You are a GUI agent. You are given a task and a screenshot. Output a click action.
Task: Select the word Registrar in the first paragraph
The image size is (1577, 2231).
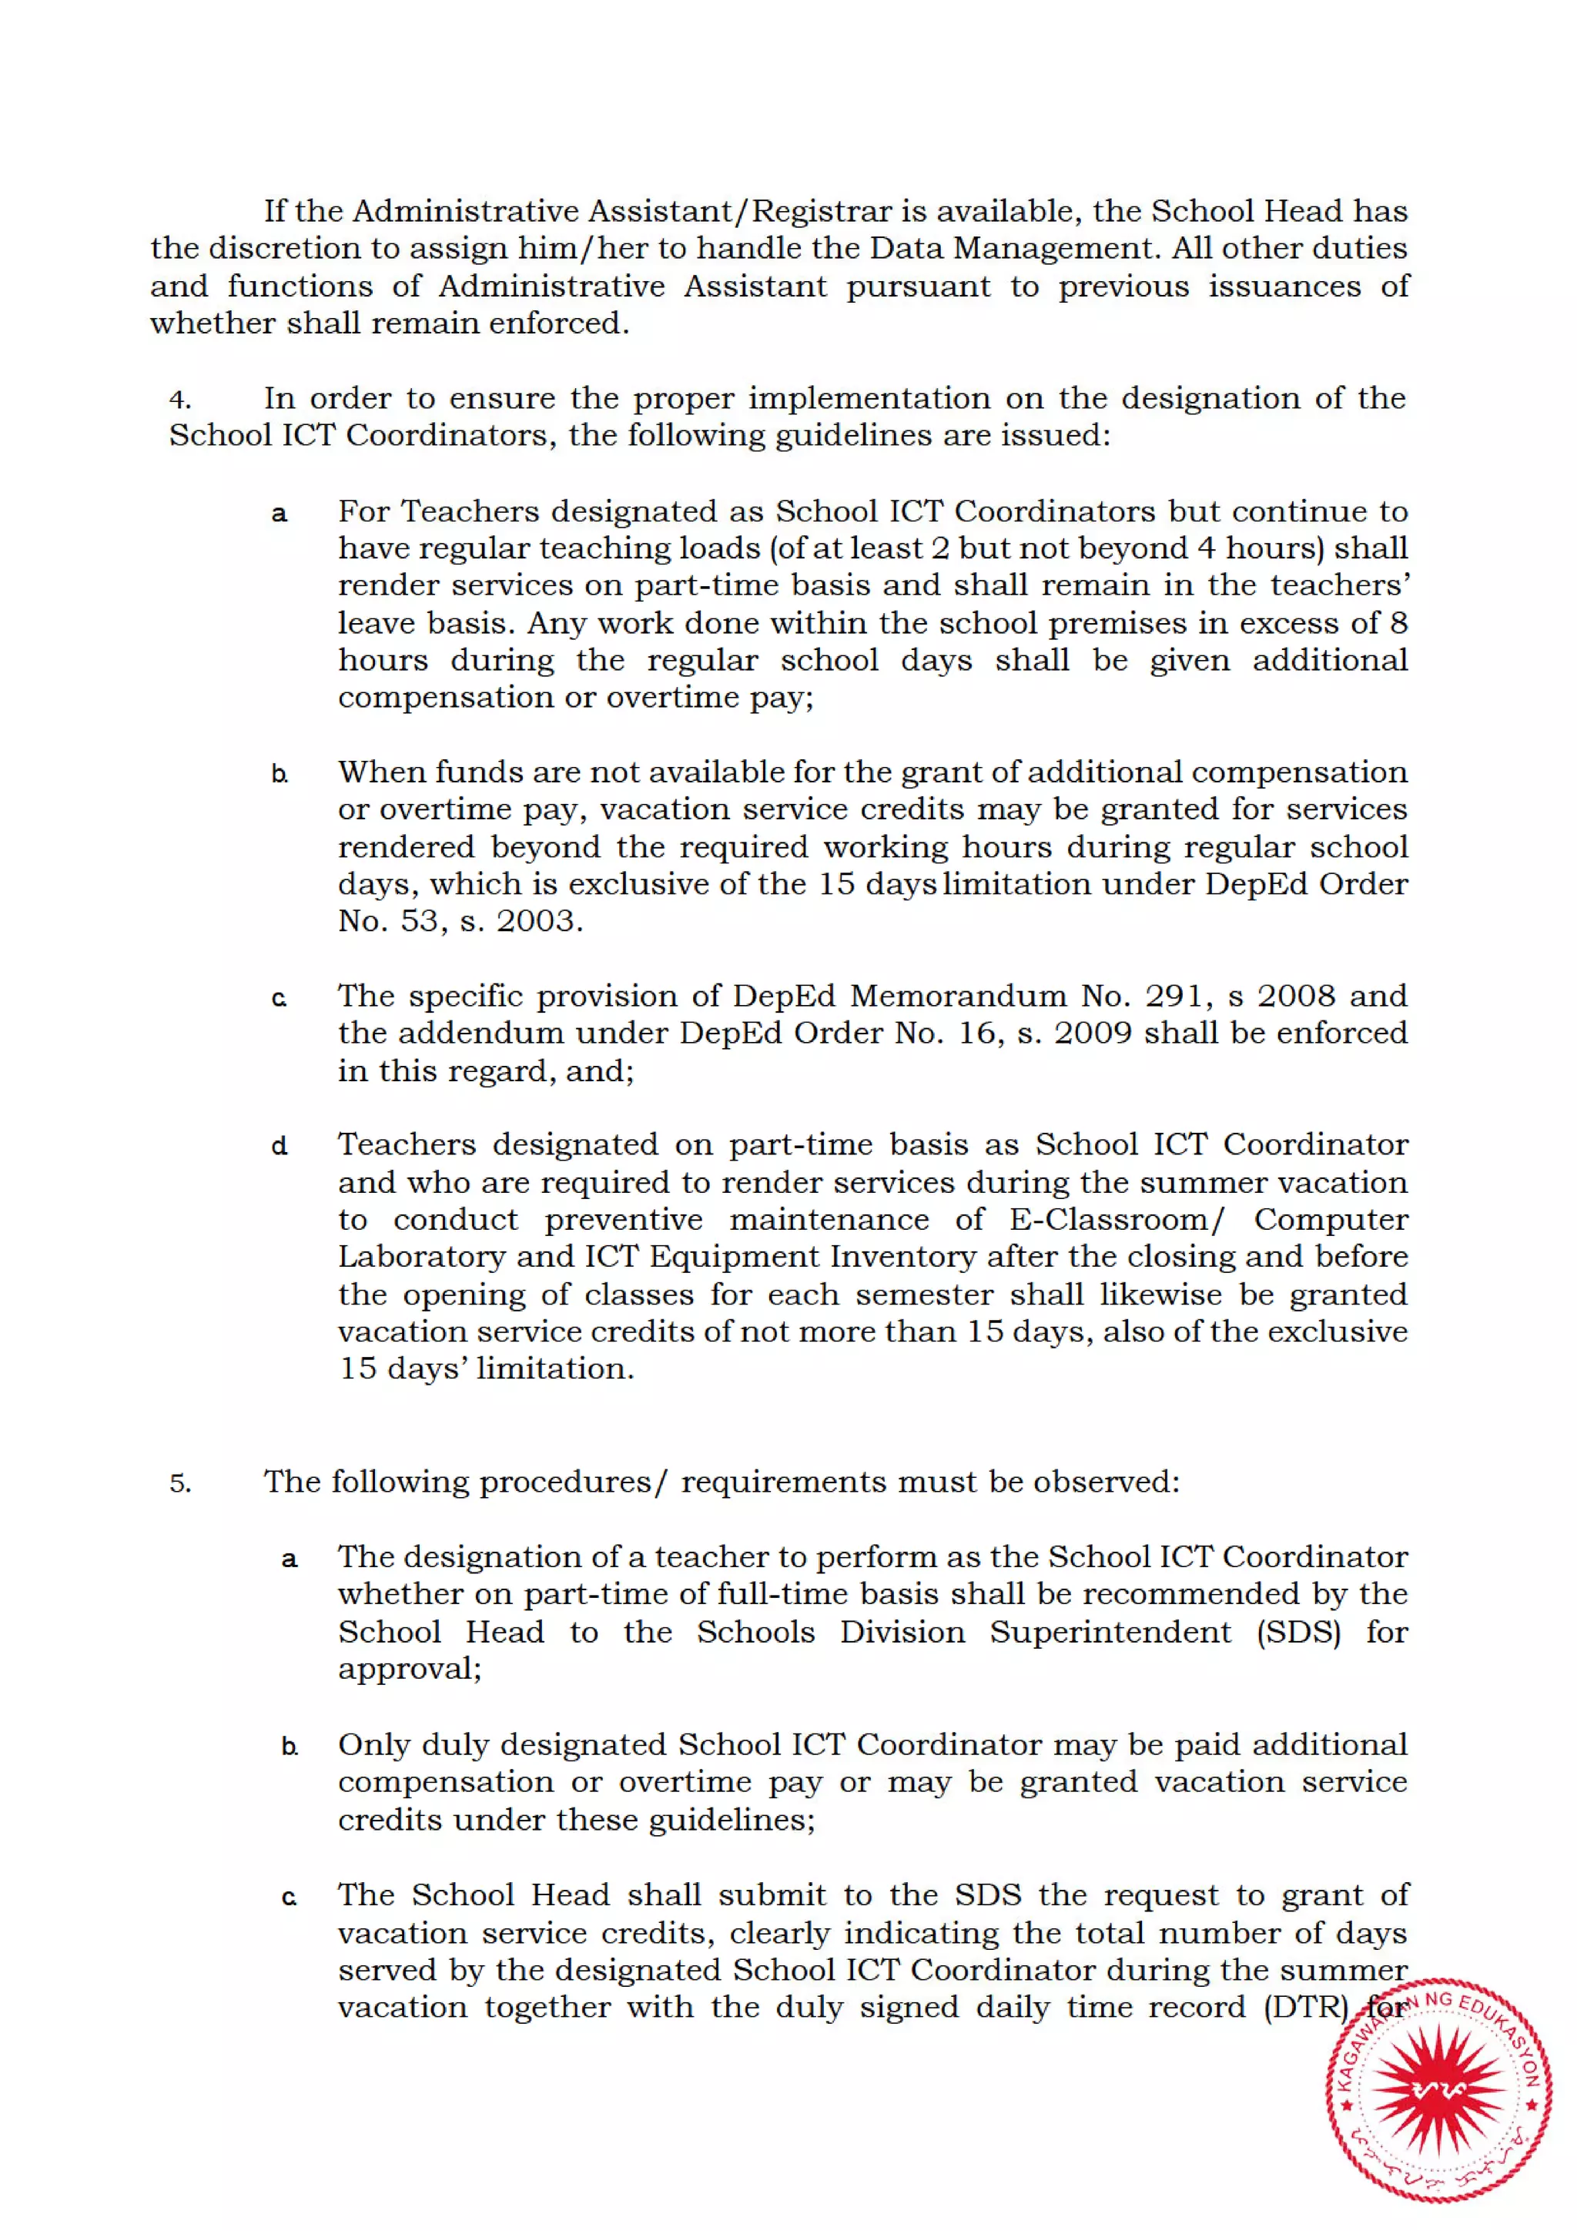(x=822, y=211)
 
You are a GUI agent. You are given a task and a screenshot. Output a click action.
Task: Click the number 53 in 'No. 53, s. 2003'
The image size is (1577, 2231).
(x=420, y=920)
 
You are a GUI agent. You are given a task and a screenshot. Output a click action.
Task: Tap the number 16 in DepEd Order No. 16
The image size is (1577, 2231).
(x=979, y=1033)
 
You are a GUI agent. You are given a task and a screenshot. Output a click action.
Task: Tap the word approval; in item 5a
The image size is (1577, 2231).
(x=409, y=1670)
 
